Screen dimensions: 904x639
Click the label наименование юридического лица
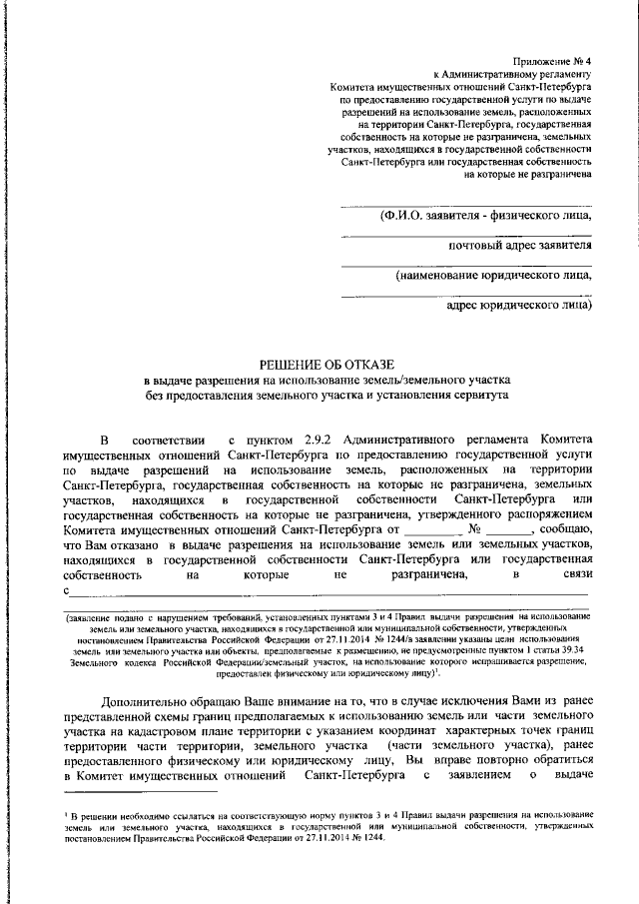(x=492, y=275)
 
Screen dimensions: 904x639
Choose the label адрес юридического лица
(x=518, y=305)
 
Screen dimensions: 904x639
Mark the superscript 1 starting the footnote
(x=63, y=814)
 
